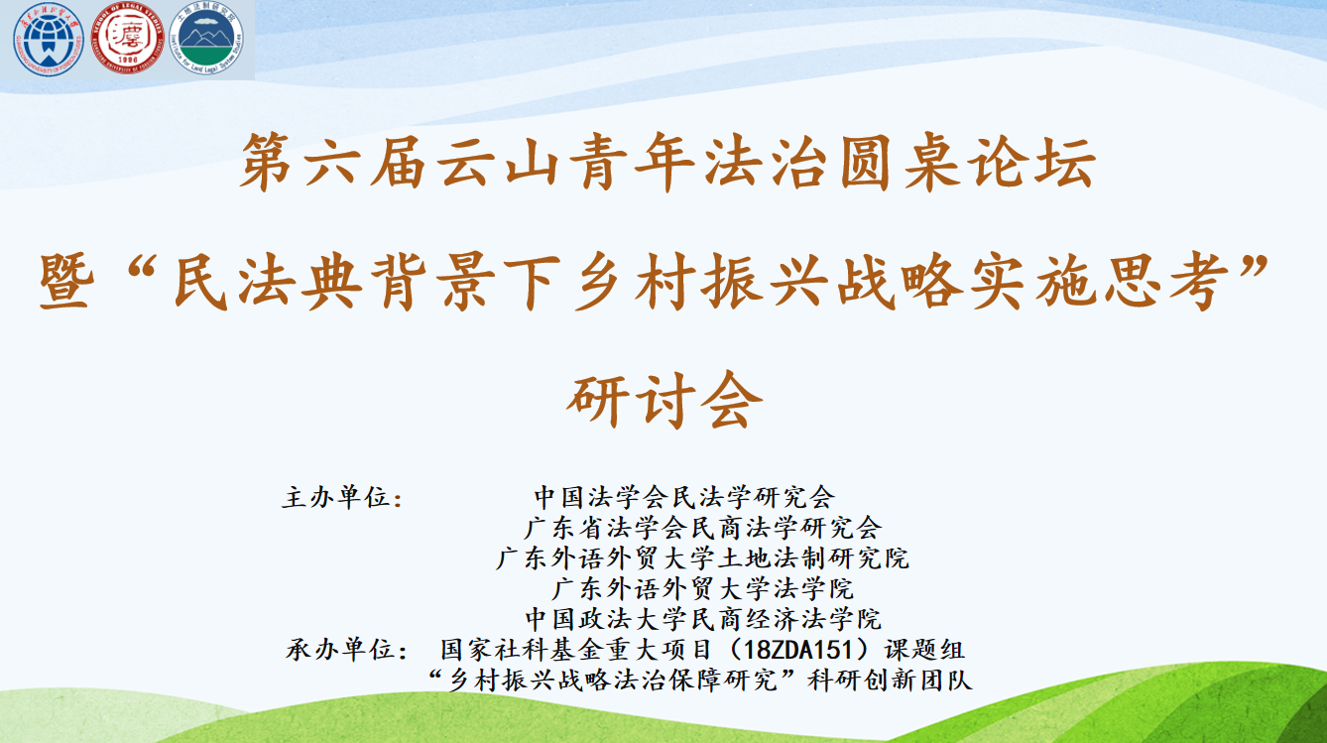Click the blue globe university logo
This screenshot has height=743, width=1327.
click(48, 40)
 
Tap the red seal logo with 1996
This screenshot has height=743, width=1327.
click(127, 39)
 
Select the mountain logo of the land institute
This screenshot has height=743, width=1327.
click(206, 40)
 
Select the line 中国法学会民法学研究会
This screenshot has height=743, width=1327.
click(684, 497)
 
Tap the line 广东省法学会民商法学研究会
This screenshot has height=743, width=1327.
click(702, 528)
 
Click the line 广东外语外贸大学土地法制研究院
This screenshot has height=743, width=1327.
click(702, 558)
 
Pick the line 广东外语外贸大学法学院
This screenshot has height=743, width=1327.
click(702, 588)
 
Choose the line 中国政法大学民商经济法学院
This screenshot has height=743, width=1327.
click(703, 619)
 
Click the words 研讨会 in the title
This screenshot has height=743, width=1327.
click(663, 401)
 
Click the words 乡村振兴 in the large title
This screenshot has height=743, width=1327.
click(701, 282)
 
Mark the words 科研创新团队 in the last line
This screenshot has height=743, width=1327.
click(890, 681)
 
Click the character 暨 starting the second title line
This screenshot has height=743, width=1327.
click(66, 282)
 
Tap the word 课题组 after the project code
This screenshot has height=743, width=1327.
click(924, 650)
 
